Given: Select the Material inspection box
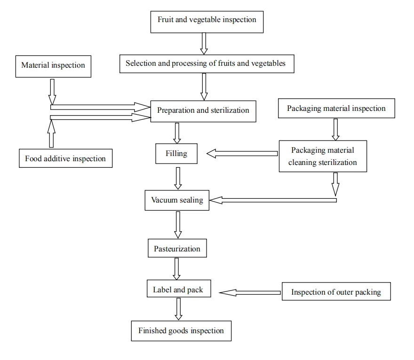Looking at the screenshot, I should tap(53, 66).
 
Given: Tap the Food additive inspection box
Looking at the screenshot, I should tap(65, 158).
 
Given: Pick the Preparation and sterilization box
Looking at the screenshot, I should tap(203, 111).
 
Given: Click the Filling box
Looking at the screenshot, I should tap(177, 154).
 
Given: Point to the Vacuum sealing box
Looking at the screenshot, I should tap(177, 200).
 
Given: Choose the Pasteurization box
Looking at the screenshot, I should tap(177, 249).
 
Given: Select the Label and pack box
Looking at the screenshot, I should tap(178, 290).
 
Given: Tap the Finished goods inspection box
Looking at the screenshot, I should tap(181, 331).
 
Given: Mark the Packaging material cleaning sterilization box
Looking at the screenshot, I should tap(323, 156).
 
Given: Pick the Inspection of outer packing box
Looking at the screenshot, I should tap(335, 292).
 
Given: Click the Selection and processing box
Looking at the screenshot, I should tap(207, 63).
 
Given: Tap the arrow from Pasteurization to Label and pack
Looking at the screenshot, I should tap(177, 268).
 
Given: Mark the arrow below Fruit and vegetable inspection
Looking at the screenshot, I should tap(204, 44).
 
